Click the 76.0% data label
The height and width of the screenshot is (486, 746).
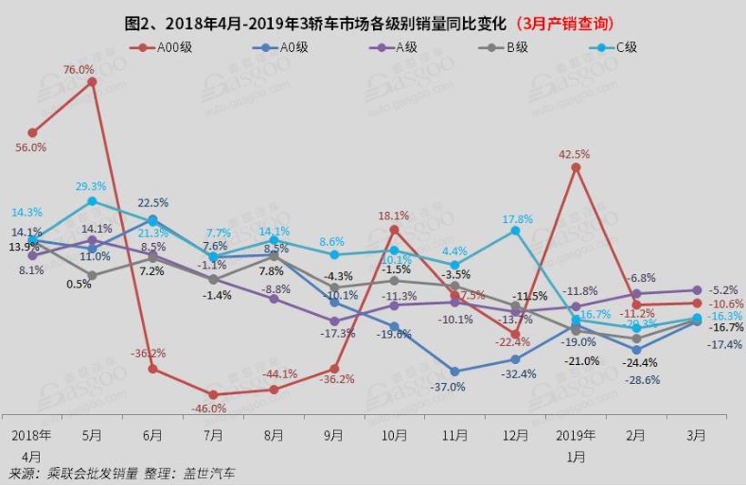click(x=79, y=69)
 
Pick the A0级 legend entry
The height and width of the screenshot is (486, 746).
click(x=277, y=46)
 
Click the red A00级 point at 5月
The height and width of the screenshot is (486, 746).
click(x=92, y=82)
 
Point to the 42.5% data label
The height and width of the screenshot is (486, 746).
click(x=574, y=154)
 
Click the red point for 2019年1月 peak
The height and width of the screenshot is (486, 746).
click(x=575, y=167)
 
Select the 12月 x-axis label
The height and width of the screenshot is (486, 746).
click(x=515, y=436)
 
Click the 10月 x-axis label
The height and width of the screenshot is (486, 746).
click(x=394, y=436)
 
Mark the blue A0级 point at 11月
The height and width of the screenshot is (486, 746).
click(x=455, y=371)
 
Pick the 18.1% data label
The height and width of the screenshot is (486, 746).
click(x=394, y=216)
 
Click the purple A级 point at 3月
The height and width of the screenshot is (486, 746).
click(x=696, y=290)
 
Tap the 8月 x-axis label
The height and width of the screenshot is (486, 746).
click(x=273, y=436)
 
